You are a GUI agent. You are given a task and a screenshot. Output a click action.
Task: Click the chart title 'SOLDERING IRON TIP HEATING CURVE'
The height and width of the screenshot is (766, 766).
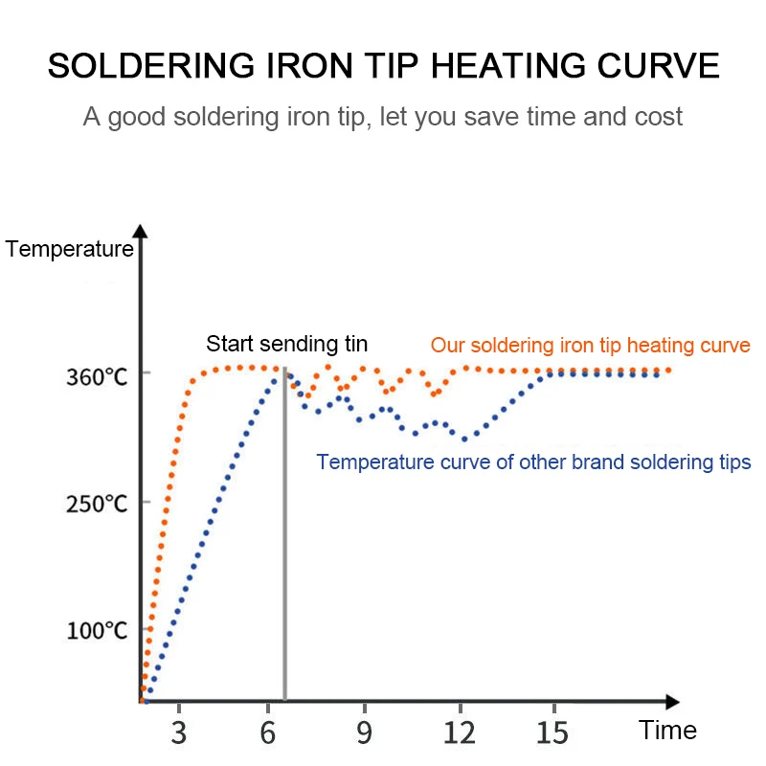tap(383, 66)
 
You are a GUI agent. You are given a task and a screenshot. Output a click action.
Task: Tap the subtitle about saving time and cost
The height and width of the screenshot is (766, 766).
tap(383, 117)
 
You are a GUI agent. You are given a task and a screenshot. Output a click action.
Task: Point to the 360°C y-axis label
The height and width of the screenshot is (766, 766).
tap(97, 377)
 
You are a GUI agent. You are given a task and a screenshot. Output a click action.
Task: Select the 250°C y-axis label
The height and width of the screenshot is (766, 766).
tap(97, 504)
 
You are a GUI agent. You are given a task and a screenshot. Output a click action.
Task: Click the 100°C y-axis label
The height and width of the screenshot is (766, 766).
tap(97, 631)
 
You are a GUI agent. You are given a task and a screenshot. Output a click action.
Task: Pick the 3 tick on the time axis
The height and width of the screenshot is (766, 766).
tap(179, 732)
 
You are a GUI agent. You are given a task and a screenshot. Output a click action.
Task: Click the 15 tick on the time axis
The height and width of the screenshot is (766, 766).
tap(552, 732)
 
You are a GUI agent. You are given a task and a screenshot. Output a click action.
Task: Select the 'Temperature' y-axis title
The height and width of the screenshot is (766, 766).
tap(69, 251)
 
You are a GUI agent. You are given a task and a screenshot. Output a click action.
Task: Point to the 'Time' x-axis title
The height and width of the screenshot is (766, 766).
tap(668, 731)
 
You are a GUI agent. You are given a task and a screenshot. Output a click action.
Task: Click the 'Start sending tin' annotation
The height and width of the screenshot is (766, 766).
tap(287, 345)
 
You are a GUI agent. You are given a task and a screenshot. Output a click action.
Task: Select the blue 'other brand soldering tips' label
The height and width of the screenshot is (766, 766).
tap(533, 462)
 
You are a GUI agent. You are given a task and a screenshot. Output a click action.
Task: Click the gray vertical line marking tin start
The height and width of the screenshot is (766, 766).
tap(285, 536)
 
